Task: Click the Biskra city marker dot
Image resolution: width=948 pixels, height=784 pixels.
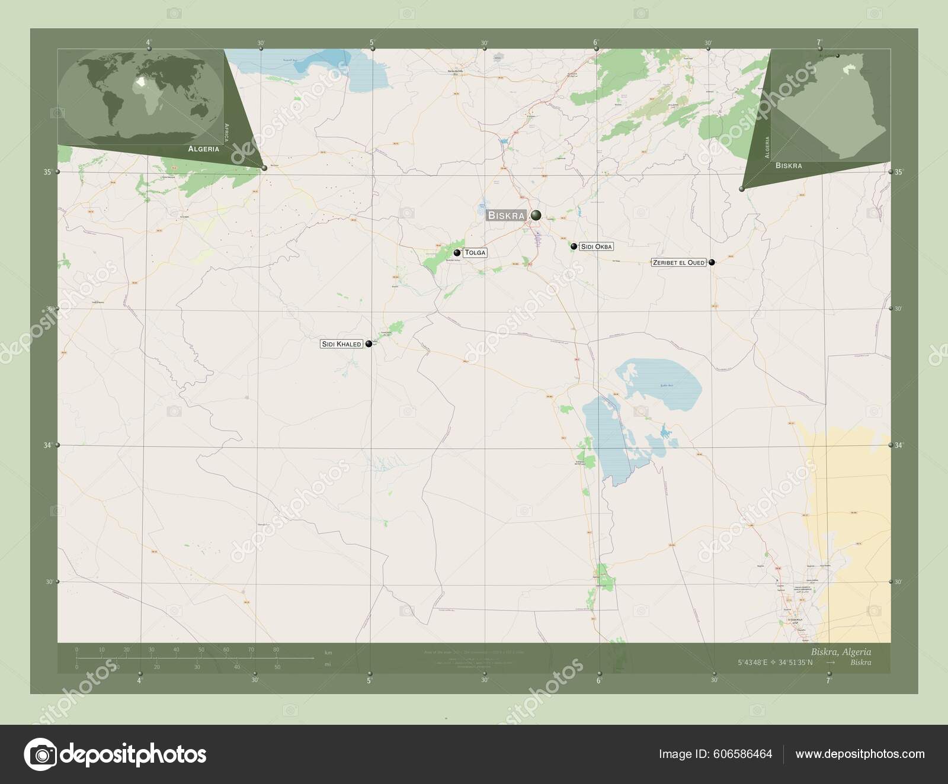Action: [x=536, y=216]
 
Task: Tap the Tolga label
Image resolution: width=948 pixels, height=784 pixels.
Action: [x=475, y=253]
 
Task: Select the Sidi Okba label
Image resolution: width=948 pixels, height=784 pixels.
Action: [x=596, y=246]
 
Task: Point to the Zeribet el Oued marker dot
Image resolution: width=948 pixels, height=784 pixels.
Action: [x=712, y=262]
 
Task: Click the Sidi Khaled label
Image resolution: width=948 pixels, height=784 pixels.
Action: [x=341, y=344]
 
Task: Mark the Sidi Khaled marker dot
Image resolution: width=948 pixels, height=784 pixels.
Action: [x=369, y=343]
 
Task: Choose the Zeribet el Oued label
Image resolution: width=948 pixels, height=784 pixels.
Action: [x=679, y=262]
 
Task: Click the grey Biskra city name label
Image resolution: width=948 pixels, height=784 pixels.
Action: [x=506, y=216]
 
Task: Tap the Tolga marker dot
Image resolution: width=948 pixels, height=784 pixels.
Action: [x=457, y=253]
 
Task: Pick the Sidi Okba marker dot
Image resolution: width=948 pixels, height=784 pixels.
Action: [x=574, y=246]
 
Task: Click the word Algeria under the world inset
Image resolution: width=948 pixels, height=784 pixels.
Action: [x=203, y=149]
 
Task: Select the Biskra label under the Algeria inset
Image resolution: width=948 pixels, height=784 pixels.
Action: [x=789, y=166]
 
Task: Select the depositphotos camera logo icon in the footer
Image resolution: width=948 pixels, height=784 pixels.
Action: [x=40, y=754]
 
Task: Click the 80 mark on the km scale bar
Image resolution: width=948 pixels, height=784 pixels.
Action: [x=276, y=650]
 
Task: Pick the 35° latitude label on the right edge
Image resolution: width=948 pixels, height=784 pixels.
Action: [x=898, y=172]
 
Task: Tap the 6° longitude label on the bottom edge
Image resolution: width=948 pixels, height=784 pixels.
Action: [x=599, y=680]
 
